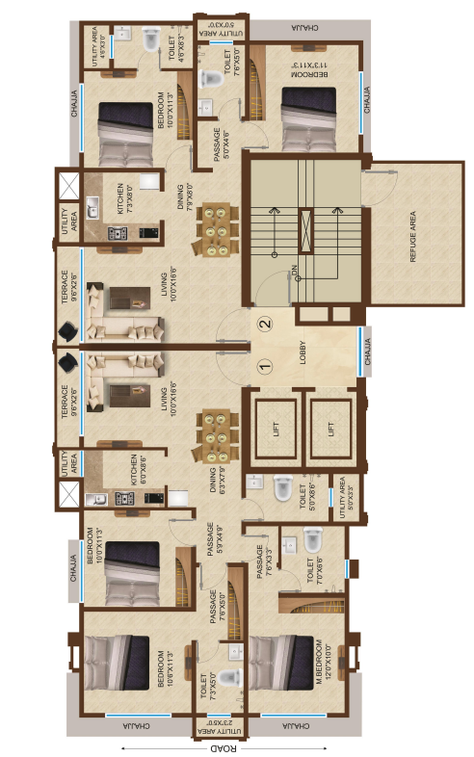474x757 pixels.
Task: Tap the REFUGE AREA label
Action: click(412, 236)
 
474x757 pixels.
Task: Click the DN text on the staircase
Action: click(295, 273)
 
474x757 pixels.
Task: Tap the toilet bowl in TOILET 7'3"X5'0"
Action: click(227, 676)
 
